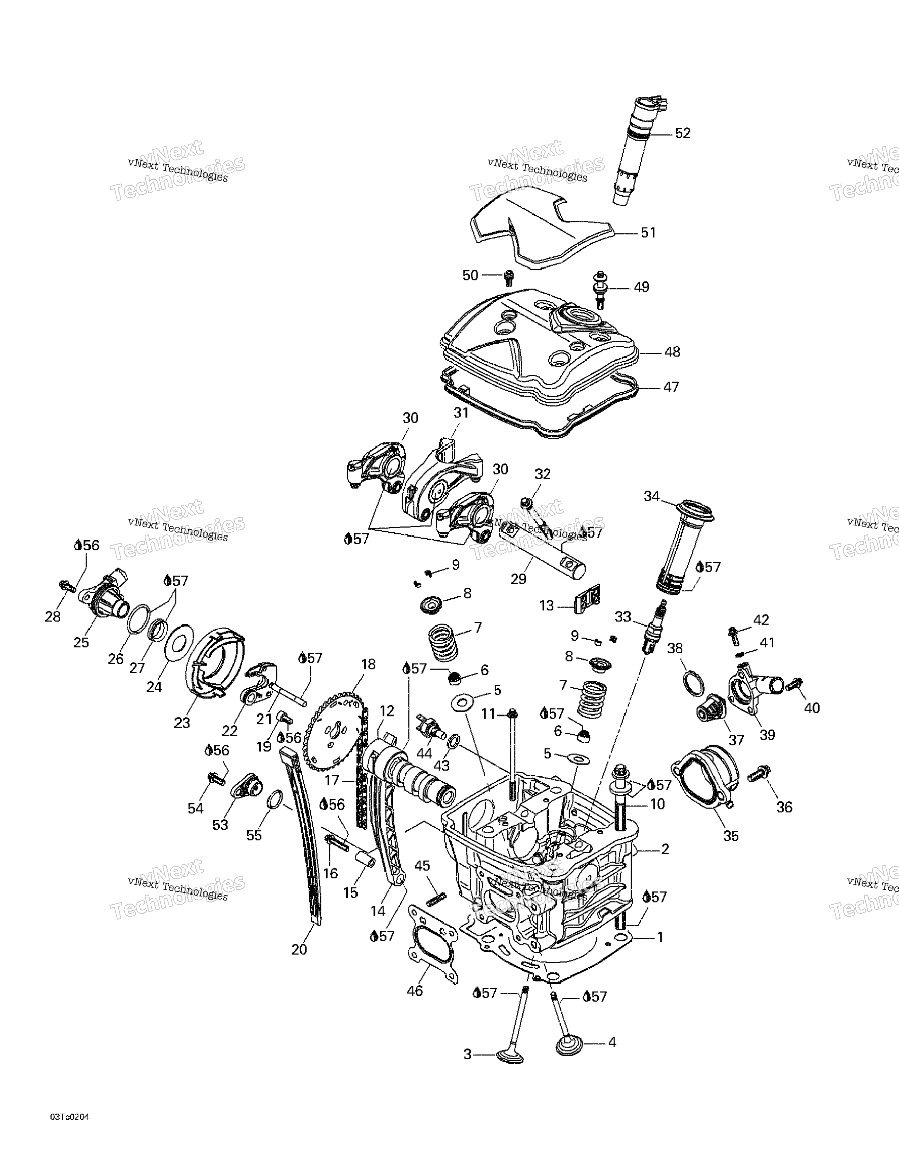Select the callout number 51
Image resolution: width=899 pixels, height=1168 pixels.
648,233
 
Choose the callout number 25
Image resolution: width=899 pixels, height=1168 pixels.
81,642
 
